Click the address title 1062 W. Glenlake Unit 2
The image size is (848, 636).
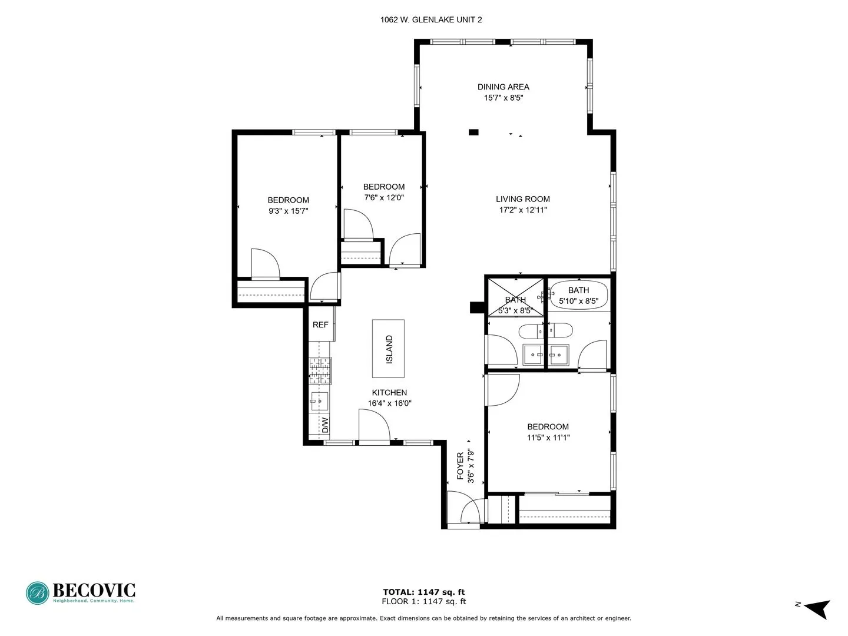pyautogui.click(x=431, y=19)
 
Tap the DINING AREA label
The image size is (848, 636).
pyautogui.click(x=503, y=87)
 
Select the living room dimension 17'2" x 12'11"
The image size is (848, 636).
pyautogui.click(x=523, y=210)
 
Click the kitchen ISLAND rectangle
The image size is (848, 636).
pyautogui.click(x=388, y=349)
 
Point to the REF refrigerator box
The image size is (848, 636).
pyautogui.click(x=320, y=324)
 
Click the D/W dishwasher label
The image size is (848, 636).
pyautogui.click(x=324, y=424)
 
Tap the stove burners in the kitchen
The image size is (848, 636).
pyautogui.click(x=319, y=371)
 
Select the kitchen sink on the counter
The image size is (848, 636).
pyautogui.click(x=319, y=401)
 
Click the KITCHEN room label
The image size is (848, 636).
pyautogui.click(x=389, y=392)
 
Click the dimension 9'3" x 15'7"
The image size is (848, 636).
pyautogui.click(x=288, y=211)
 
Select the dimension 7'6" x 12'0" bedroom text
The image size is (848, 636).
pyautogui.click(x=384, y=198)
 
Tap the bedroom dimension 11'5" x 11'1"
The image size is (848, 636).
pyautogui.click(x=548, y=438)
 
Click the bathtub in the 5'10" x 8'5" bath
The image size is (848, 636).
pyautogui.click(x=579, y=295)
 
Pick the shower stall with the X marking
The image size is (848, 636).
pyautogui.click(x=515, y=297)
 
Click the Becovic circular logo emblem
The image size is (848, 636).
pyautogui.click(x=38, y=593)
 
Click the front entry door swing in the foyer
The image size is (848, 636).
pyautogui.click(x=472, y=511)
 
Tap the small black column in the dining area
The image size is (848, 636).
pyautogui.click(x=473, y=132)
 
